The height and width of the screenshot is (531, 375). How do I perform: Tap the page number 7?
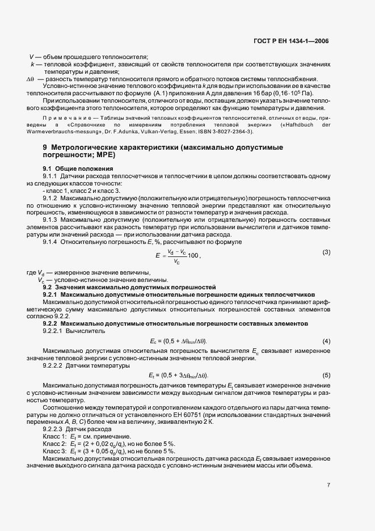click(x=328, y=484)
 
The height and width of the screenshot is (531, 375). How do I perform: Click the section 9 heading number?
click(x=45, y=147)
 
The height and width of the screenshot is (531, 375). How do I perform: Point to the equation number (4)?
click(x=326, y=341)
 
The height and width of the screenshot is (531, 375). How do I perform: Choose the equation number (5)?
click(x=326, y=376)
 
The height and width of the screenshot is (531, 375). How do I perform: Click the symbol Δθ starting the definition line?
click(x=31, y=79)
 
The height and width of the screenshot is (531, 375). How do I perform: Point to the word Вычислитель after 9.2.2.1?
click(x=86, y=330)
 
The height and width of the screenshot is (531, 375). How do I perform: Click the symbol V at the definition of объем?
click(x=31, y=57)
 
